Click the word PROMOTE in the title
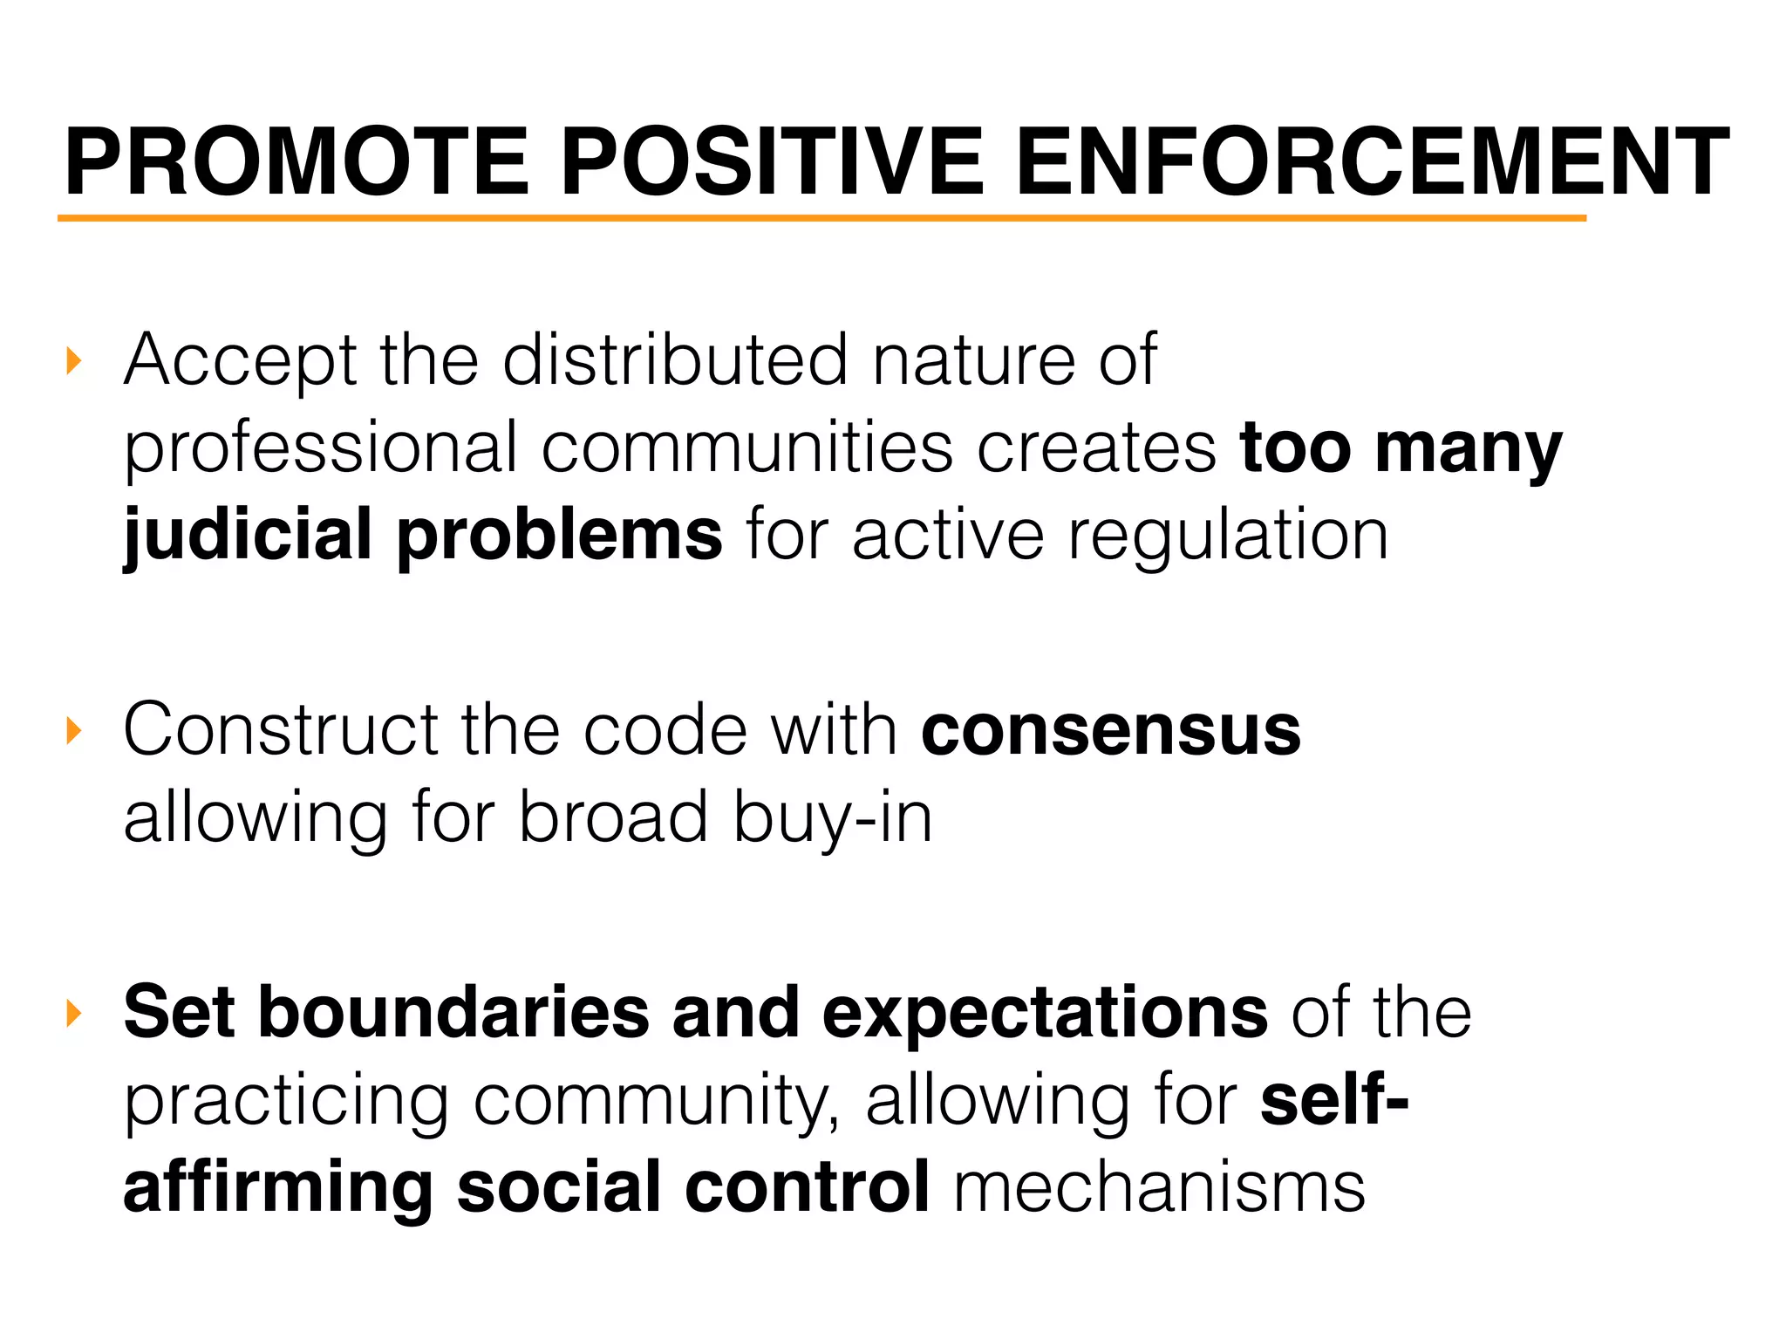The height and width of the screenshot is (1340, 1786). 297,163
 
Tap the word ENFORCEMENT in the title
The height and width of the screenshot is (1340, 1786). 1372,163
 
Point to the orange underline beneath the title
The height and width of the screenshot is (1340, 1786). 820,218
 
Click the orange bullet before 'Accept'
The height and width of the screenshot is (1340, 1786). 73,360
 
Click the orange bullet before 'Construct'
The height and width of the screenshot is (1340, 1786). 73,731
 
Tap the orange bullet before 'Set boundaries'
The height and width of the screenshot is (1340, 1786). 73,1014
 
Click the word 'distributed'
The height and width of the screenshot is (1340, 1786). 675,359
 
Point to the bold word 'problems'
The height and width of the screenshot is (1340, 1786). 560,536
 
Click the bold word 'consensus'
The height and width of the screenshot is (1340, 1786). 1111,731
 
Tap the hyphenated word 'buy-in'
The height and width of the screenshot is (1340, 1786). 833,818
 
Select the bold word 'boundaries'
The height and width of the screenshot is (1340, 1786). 453,1013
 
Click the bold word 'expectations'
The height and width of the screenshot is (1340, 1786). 1045,1013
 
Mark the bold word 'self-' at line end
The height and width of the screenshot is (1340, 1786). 1334,1100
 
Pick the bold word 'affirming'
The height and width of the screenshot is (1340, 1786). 278,1188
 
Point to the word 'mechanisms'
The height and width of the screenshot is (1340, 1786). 1159,1188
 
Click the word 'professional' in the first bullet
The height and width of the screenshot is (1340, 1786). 321,448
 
